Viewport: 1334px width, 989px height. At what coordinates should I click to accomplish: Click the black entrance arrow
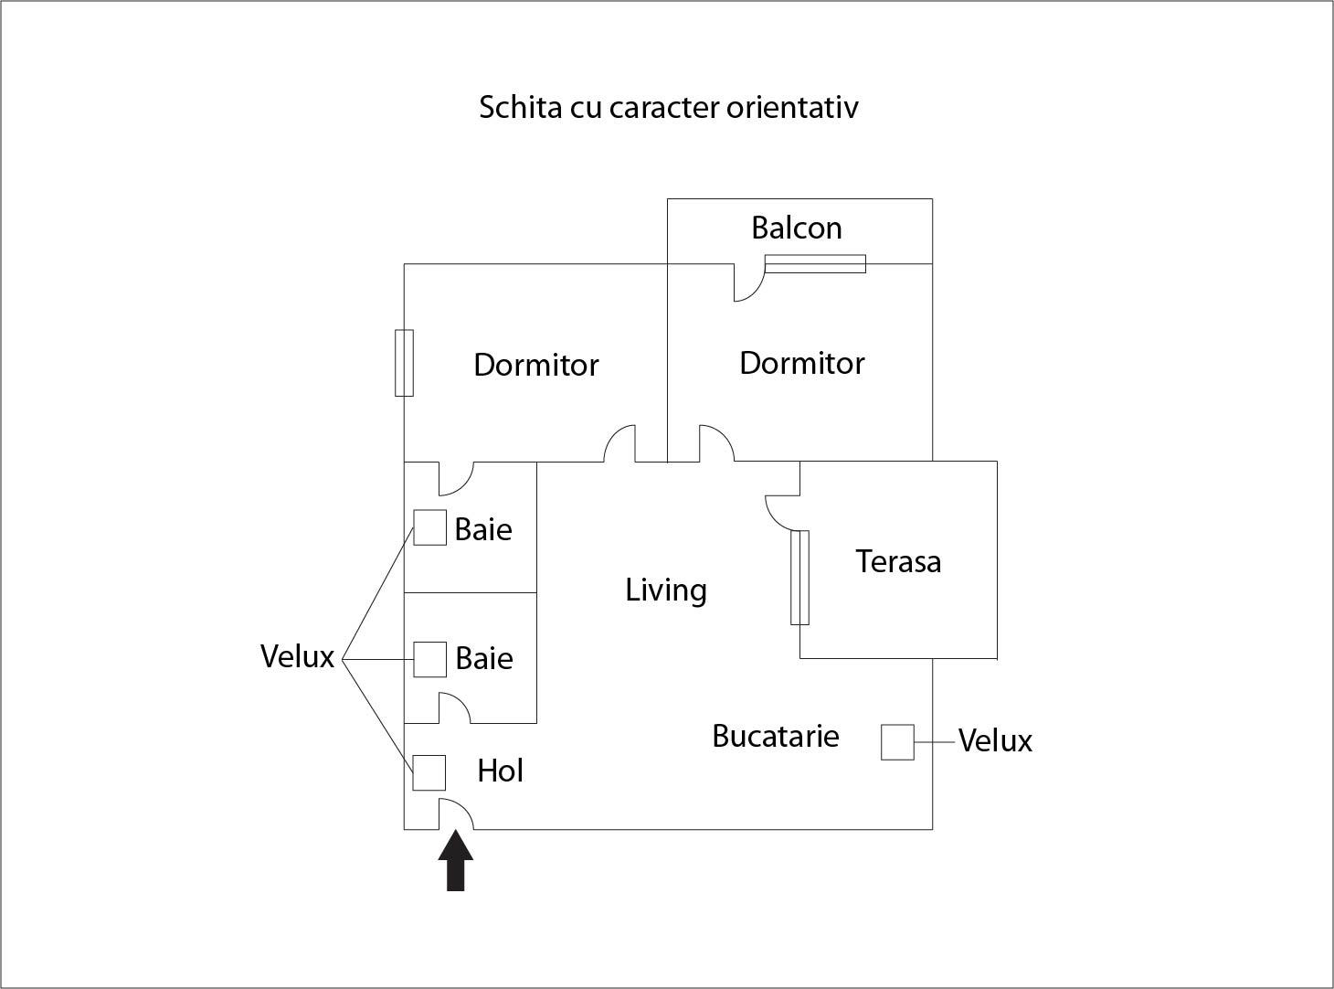tap(455, 860)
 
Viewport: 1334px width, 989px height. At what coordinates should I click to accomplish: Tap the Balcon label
tap(797, 229)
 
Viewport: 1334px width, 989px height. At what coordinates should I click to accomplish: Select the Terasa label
tap(898, 561)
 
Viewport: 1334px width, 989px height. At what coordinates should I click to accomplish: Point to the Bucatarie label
tap(775, 736)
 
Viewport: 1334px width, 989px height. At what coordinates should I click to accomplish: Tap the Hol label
tap(500, 771)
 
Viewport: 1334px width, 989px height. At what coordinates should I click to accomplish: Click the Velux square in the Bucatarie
tap(897, 742)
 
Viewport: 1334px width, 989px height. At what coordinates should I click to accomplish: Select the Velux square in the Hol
tap(429, 772)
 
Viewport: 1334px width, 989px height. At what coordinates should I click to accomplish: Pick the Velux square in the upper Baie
tap(429, 528)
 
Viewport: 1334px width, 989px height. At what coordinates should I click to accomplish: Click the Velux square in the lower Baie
tap(429, 659)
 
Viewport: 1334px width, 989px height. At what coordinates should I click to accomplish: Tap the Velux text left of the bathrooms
tap(297, 656)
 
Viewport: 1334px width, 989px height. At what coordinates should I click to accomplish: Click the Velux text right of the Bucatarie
tap(995, 740)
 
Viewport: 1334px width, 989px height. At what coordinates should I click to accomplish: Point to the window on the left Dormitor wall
tap(404, 363)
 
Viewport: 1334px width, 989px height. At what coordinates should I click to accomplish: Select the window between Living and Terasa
tap(799, 578)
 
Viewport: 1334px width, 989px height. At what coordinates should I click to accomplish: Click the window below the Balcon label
tap(816, 263)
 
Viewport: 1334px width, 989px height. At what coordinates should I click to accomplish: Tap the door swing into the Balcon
tap(749, 282)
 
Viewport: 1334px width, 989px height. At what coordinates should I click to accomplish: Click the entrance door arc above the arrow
tap(457, 814)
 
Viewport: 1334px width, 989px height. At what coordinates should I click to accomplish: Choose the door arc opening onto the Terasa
tap(782, 514)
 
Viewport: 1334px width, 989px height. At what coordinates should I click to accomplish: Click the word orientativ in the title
tap(792, 108)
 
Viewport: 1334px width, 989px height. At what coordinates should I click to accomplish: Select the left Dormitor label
tap(536, 365)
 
